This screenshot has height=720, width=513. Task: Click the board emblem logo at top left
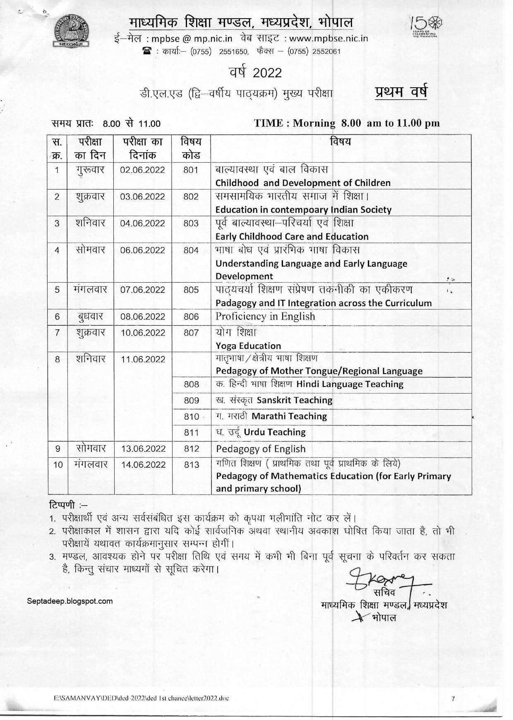(x=73, y=31)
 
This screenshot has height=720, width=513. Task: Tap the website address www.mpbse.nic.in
(x=328, y=38)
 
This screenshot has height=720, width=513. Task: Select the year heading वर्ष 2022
(x=256, y=72)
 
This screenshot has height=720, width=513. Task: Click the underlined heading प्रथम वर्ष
(x=400, y=91)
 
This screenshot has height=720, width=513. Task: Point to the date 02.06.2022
(x=142, y=170)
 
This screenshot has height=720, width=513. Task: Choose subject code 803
(x=191, y=223)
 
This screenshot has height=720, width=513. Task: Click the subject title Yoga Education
(x=248, y=346)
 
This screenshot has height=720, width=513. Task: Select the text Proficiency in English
(x=265, y=317)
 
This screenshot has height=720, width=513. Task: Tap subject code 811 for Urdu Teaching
(x=192, y=433)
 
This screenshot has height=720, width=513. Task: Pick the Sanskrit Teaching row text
(x=294, y=400)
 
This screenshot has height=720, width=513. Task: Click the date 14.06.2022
(x=143, y=465)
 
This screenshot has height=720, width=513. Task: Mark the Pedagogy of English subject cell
(x=261, y=449)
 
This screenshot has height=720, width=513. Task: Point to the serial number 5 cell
(x=57, y=290)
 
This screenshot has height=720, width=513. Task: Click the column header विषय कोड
(x=191, y=148)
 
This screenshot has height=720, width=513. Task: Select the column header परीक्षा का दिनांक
(x=142, y=148)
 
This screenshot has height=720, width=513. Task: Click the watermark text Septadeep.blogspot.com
(x=70, y=601)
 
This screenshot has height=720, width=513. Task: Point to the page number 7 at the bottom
(x=453, y=699)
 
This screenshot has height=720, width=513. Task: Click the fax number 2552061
(x=326, y=52)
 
